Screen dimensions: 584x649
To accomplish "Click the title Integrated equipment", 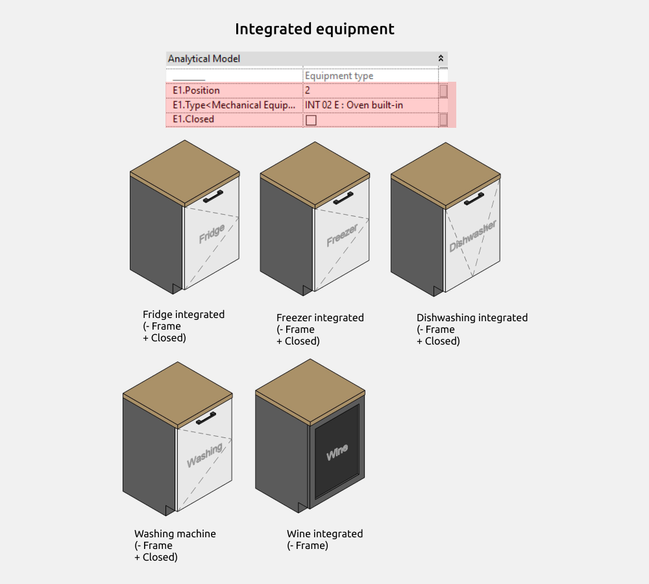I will (314, 29).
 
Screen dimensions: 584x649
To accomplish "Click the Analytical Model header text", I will (204, 59).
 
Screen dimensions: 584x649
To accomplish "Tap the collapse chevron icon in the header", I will (441, 58).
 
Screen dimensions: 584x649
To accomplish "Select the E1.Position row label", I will (196, 90).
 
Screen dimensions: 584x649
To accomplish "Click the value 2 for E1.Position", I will (308, 90).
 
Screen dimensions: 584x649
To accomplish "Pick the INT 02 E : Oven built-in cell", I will (354, 104).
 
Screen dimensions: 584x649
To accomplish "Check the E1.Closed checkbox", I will (311, 120).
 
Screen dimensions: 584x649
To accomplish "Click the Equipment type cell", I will (339, 76).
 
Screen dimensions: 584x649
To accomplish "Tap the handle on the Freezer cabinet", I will (343, 197).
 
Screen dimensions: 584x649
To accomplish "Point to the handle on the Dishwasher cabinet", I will (474, 198).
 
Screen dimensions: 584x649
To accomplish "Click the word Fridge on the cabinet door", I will (212, 234).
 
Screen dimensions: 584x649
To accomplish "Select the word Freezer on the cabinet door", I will (342, 236).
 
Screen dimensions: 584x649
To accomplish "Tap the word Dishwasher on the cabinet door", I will (473, 236).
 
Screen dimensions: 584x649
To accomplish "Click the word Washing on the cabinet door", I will (204, 454).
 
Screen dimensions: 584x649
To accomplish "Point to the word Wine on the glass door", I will (337, 452).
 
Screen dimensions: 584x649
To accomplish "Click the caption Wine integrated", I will (324, 534).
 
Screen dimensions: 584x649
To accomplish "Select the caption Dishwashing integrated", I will (472, 318).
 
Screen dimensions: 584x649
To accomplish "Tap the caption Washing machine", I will (175, 534).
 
